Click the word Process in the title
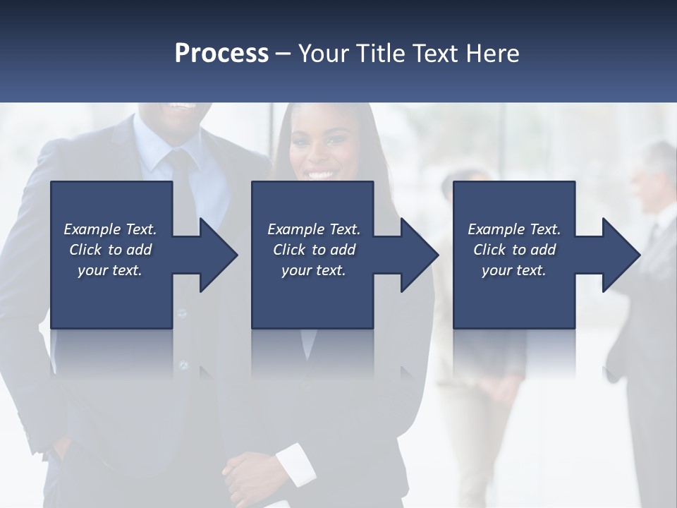point(221,54)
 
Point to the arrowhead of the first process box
point(215,255)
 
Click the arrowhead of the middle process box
point(417,255)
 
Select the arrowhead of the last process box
point(618,255)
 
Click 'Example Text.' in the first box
point(110,229)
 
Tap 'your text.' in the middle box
point(313,270)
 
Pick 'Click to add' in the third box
point(514,250)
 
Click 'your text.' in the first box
point(110,270)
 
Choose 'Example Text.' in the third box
point(514,229)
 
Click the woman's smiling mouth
point(320,174)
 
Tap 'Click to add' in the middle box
point(313,250)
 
